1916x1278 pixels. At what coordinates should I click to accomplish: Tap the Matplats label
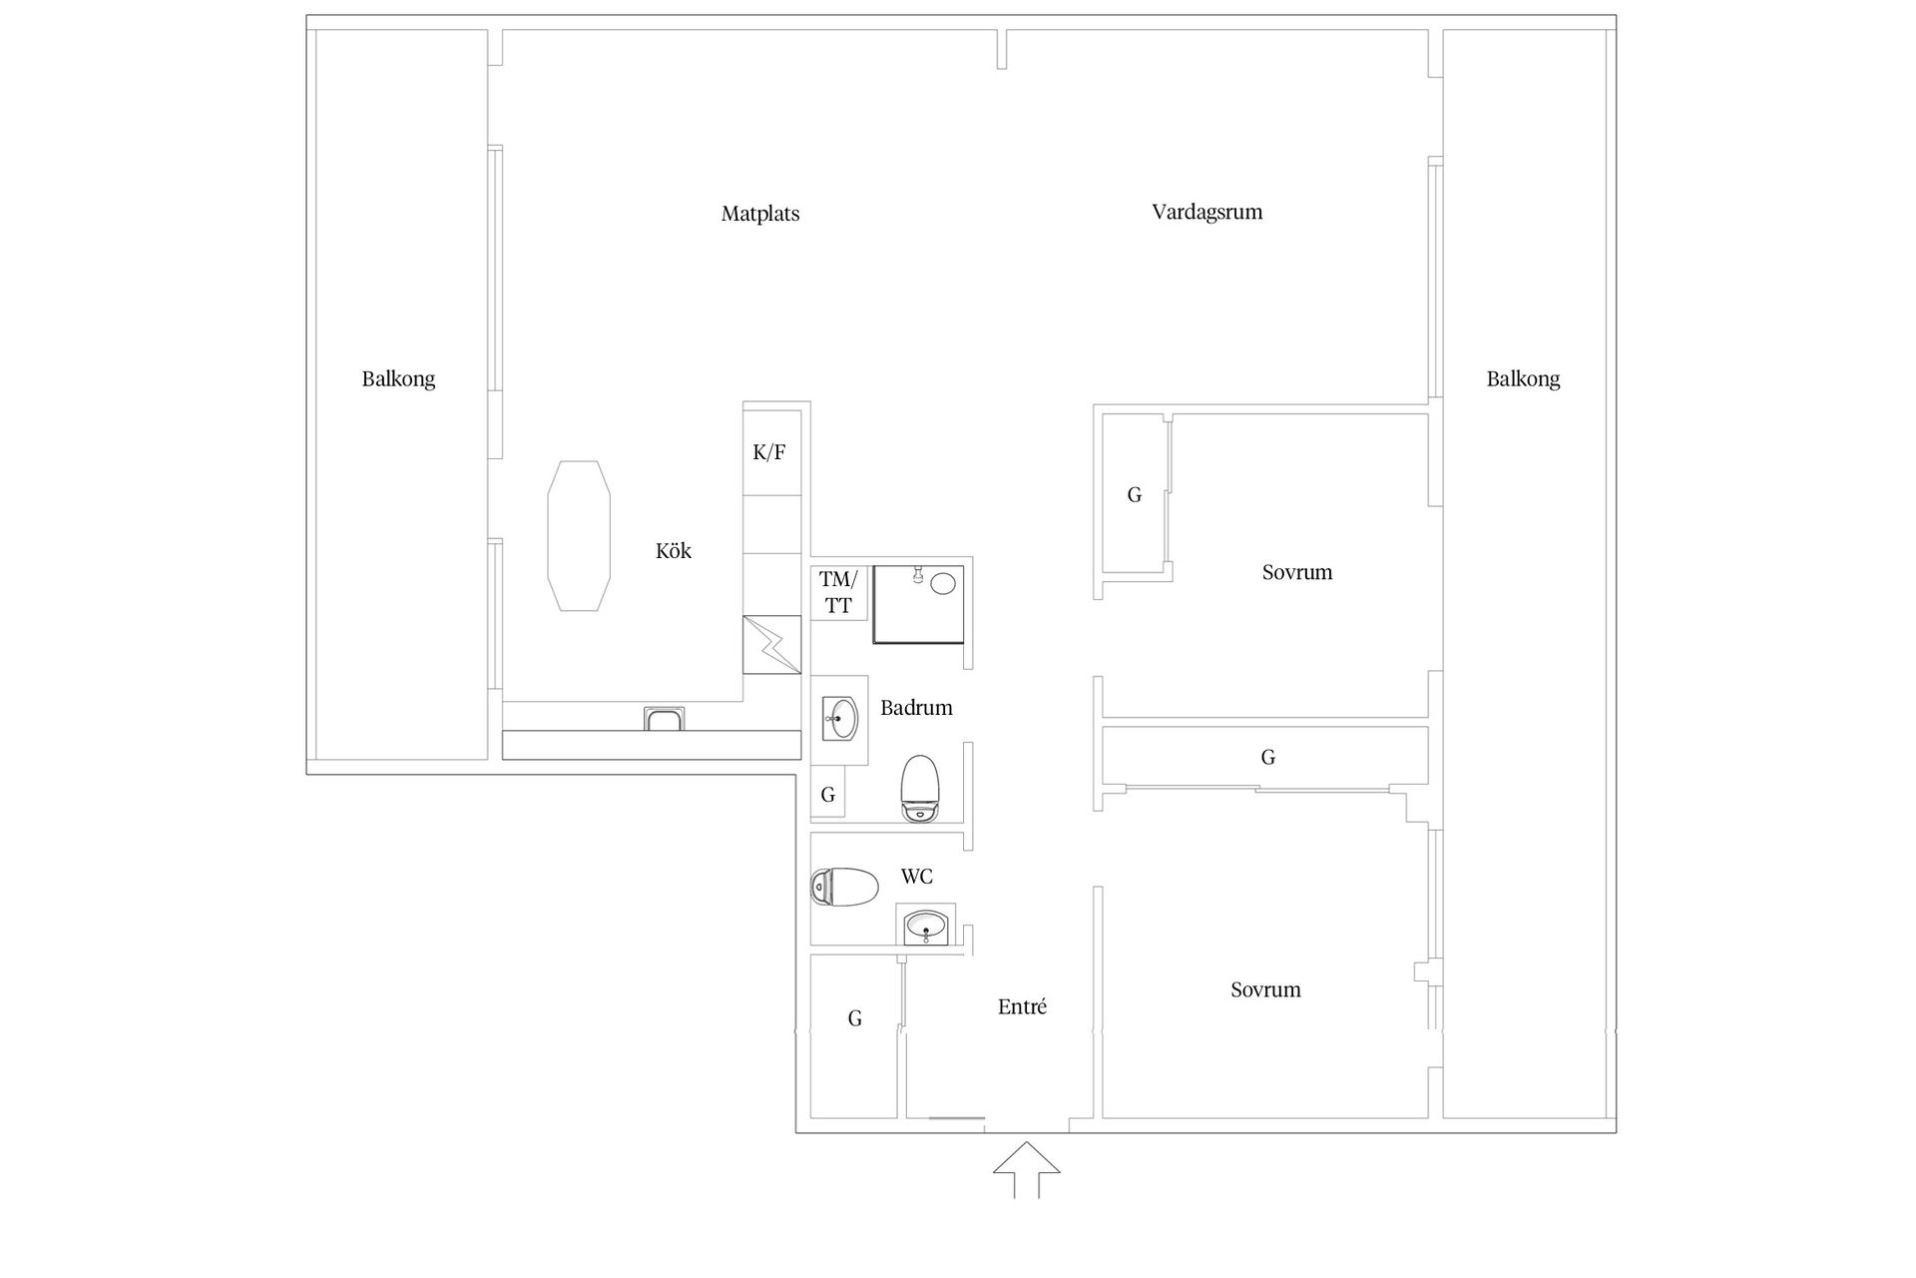pyautogui.click(x=760, y=214)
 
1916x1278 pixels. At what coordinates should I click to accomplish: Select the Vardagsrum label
pyautogui.click(x=1207, y=213)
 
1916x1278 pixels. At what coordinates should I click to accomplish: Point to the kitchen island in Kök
pyautogui.click(x=579, y=536)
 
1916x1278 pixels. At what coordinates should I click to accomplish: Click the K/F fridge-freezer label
pyautogui.click(x=769, y=452)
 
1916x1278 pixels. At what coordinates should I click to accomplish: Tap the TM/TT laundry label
pyautogui.click(x=838, y=592)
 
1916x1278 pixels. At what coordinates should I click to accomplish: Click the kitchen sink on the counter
pyautogui.click(x=665, y=718)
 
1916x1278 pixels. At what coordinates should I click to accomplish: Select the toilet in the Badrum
pyautogui.click(x=920, y=788)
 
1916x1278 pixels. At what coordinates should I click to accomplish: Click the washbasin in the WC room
pyautogui.click(x=926, y=927)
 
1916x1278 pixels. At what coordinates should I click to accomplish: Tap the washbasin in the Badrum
pyautogui.click(x=840, y=718)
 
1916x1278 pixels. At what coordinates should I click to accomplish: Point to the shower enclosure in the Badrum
pyautogui.click(x=919, y=604)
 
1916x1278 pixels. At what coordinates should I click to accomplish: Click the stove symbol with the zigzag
pyautogui.click(x=772, y=644)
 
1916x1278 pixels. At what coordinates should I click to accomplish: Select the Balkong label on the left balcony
pyautogui.click(x=399, y=379)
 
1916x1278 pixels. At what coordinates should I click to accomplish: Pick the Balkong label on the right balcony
pyautogui.click(x=1523, y=379)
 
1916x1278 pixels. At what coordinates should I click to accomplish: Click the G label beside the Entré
pyautogui.click(x=855, y=1018)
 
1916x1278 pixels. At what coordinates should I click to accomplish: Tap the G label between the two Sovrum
pyautogui.click(x=1268, y=757)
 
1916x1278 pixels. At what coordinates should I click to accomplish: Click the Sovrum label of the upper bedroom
pyautogui.click(x=1297, y=572)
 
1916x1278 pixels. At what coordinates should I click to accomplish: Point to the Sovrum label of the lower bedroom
pyautogui.click(x=1265, y=989)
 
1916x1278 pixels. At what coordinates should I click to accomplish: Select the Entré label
pyautogui.click(x=1023, y=1006)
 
